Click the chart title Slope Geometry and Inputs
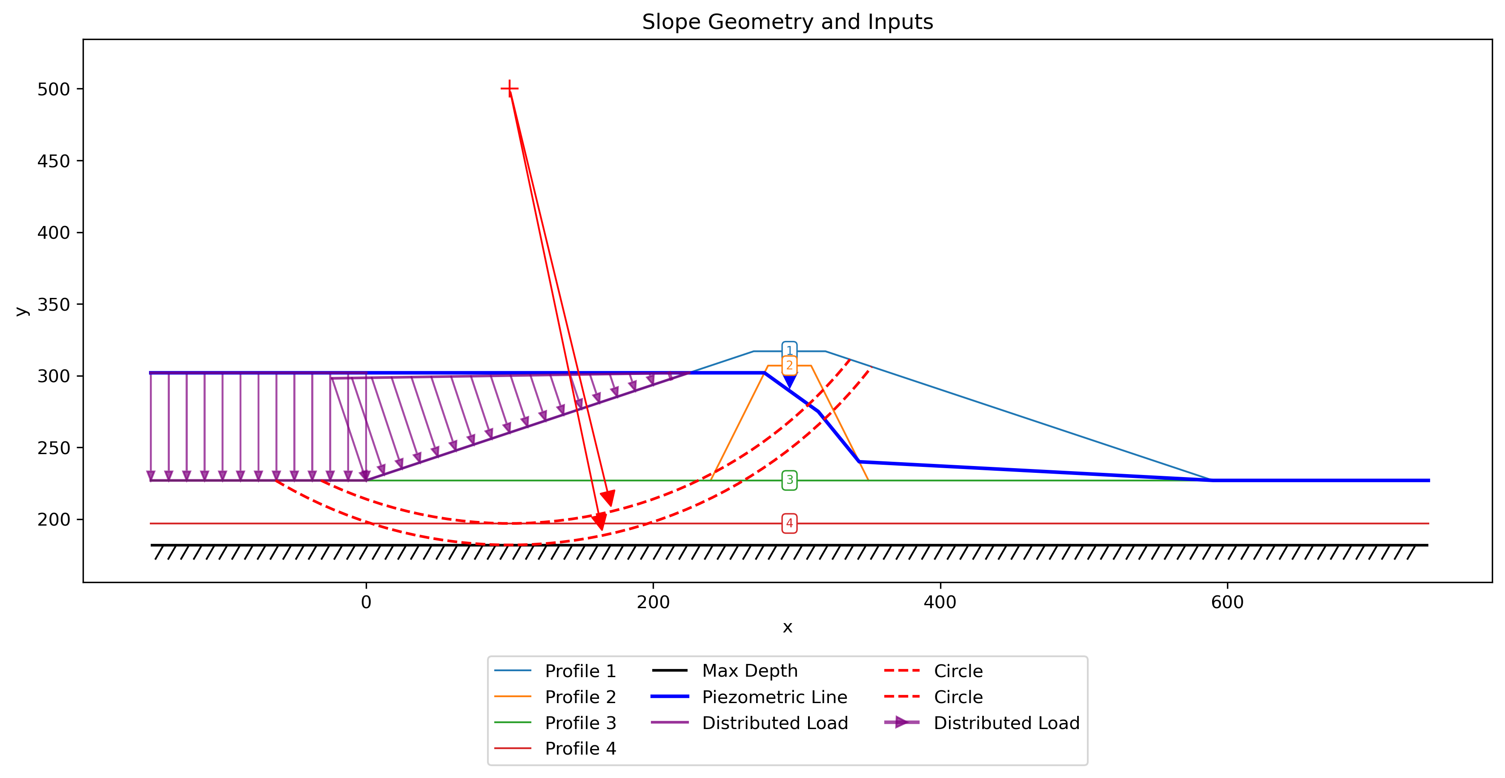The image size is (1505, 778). coord(788,22)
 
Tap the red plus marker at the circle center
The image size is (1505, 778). coord(510,89)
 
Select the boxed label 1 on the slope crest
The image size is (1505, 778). coord(789,350)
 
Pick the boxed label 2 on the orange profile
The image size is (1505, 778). coord(789,366)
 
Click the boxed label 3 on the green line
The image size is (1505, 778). coord(789,480)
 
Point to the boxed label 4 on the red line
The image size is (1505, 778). coord(789,523)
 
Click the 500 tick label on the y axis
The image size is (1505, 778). coord(54,89)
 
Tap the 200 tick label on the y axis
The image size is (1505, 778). coord(54,520)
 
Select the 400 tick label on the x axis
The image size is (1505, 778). coord(940,602)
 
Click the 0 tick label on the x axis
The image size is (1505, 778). coord(366,602)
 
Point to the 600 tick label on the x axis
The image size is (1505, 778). coord(1227,602)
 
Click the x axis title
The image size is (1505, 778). coord(788,628)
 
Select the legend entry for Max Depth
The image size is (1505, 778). coord(725,671)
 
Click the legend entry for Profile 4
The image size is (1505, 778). coord(555,748)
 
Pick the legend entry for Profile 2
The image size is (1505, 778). coord(555,697)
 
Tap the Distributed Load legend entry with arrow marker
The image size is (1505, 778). coord(981,723)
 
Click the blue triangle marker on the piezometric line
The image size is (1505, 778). coord(789,381)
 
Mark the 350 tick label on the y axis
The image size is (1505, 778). coord(54,305)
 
